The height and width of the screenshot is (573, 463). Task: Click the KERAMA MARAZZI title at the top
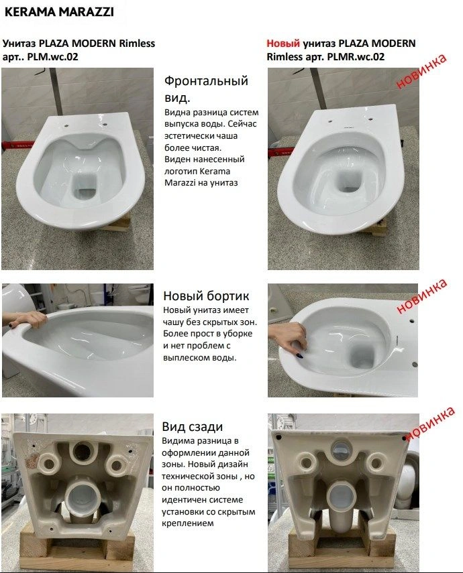pos(58,11)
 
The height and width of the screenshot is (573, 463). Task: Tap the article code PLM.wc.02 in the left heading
pos(53,57)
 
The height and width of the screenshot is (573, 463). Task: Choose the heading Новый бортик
pos(206,296)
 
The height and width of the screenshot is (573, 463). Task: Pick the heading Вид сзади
pos(193,427)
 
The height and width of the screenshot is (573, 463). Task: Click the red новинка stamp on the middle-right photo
pos(421,297)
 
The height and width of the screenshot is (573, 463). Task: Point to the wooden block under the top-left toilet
pos(121,223)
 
